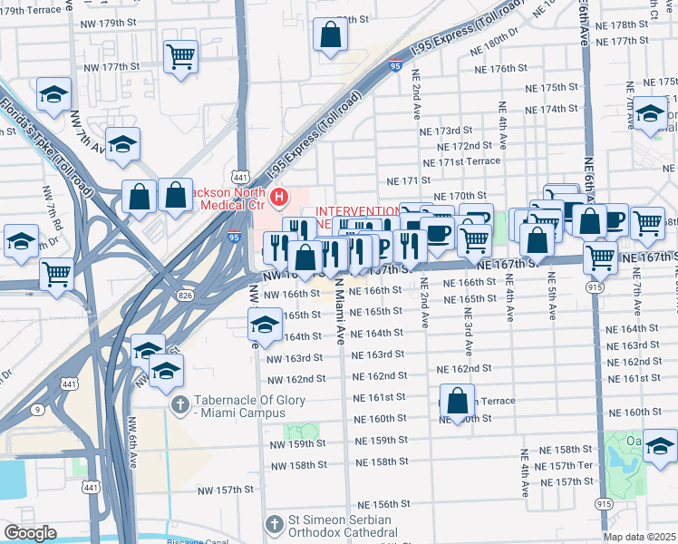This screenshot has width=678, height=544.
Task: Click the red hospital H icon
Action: (279, 196)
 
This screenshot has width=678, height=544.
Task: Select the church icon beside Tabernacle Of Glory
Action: (180, 403)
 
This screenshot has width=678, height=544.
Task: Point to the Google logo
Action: (30, 533)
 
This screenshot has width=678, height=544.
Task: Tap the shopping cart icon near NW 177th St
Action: (180, 56)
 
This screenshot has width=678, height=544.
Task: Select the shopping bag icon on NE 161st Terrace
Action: (458, 399)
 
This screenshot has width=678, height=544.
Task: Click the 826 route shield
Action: (185, 296)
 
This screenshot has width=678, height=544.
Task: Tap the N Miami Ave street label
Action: (340, 313)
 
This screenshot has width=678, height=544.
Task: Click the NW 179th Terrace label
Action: (26, 8)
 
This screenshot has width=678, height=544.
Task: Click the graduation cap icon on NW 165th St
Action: (264, 325)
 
